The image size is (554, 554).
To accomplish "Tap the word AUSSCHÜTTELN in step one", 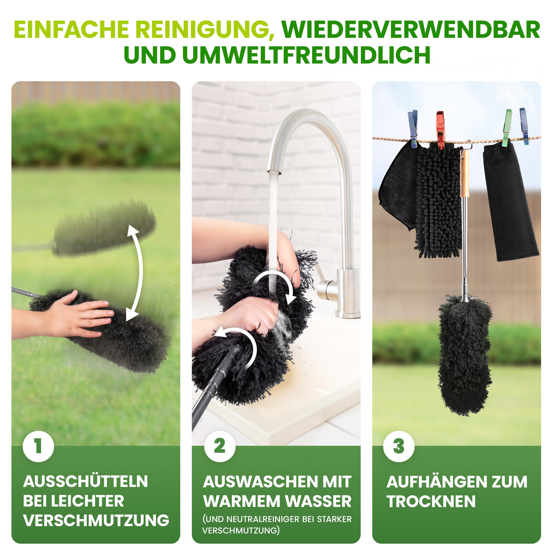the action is coord(85,482).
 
